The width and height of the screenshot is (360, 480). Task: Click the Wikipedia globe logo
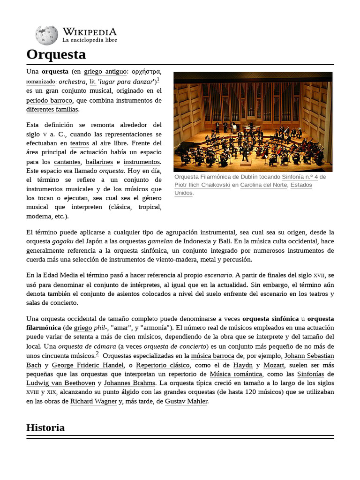(46, 35)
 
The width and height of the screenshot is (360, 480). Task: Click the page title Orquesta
(56, 54)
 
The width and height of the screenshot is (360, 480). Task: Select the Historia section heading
(45, 427)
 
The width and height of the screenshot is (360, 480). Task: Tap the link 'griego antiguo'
(105, 72)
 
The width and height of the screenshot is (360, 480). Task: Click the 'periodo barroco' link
(49, 100)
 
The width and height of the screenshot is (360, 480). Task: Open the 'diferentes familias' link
(52, 109)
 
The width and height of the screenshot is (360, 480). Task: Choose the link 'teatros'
(79, 143)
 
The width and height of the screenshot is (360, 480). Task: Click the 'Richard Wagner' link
(93, 401)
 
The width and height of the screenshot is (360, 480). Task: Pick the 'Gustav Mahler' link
(186, 401)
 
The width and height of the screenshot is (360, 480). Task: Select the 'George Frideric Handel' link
(88, 365)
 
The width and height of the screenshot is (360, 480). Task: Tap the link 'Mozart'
(274, 365)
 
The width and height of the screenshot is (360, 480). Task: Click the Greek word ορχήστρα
(146, 72)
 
